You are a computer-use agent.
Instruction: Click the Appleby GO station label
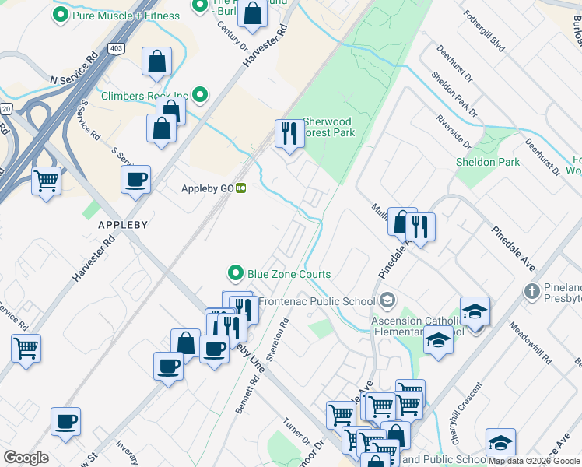tap(207, 188)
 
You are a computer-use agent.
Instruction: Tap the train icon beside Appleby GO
tap(241, 188)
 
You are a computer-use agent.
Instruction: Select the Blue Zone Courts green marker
tap(236, 273)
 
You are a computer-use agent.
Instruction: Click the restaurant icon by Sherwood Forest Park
tap(289, 134)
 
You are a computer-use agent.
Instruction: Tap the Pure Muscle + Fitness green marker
tap(60, 14)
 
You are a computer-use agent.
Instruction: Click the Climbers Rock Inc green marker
tap(200, 96)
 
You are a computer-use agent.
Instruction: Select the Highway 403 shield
tap(116, 48)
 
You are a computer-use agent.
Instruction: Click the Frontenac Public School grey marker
tap(387, 300)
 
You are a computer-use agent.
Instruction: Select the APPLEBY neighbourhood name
tap(123, 224)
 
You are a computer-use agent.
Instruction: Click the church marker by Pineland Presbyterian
tap(531, 292)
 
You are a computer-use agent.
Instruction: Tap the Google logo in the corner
tap(26, 458)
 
